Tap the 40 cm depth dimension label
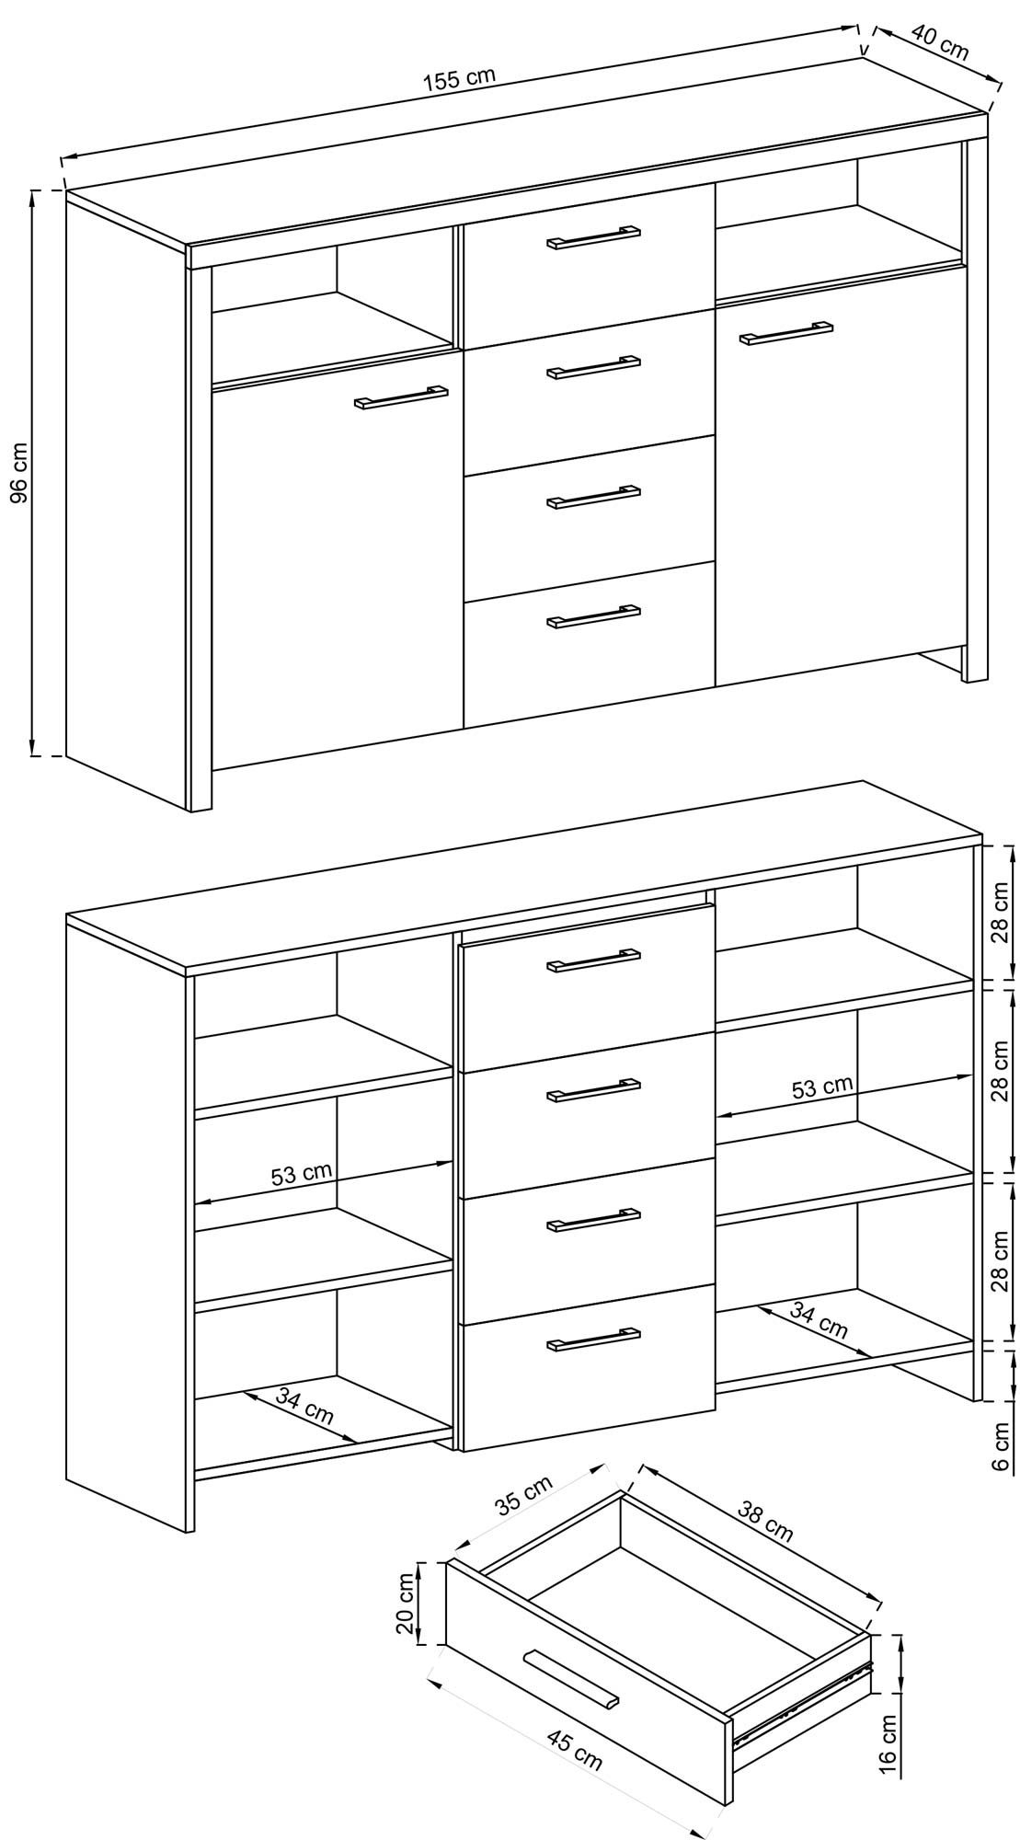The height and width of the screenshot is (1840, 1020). point(940,41)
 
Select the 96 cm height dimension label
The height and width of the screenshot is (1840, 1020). point(19,473)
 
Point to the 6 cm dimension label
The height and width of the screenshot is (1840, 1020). point(1002,1443)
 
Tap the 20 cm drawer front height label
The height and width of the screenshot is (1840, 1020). point(405,1603)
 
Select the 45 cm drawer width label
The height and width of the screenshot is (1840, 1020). point(575,1745)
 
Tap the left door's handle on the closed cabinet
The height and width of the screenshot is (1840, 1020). point(401,396)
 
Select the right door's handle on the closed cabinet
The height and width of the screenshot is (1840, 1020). point(786,333)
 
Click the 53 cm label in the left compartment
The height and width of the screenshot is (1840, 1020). point(302,1174)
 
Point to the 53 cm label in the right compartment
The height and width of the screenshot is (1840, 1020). point(822,1087)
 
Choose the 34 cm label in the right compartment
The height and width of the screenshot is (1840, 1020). point(819,1320)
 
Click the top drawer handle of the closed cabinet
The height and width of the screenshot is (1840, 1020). point(593,236)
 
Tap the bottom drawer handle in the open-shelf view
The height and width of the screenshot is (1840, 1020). point(593,1340)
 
